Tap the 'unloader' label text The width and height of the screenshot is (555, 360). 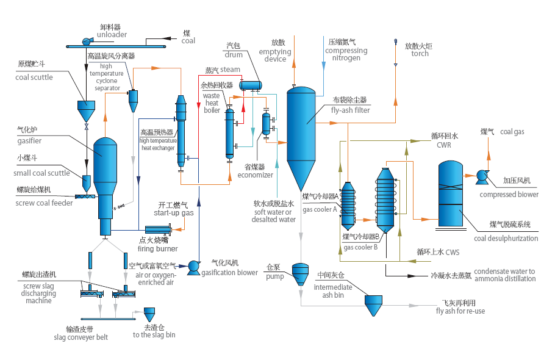112,35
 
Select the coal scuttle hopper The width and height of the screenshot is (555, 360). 86,110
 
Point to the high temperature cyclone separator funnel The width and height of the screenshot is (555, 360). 132,100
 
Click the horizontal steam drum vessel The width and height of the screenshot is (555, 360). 250,85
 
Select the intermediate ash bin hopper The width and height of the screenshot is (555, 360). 373,304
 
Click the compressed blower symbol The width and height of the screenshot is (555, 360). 482,177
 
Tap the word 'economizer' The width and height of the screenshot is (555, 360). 256,175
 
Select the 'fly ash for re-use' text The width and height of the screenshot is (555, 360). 460,311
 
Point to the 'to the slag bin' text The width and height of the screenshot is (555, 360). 154,335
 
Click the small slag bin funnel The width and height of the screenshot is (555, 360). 149,314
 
